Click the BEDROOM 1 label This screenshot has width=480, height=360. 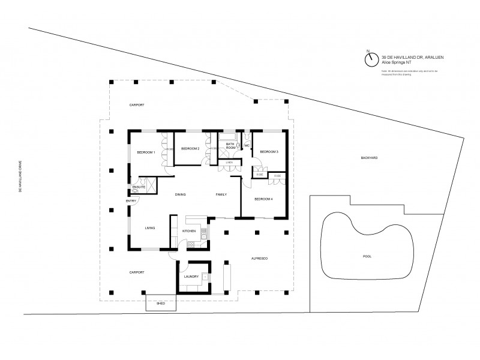coord(146,152)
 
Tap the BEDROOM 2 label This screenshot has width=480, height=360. coord(190,148)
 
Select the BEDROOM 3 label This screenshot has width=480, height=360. coord(269,152)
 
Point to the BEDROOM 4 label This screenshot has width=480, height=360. coord(263,199)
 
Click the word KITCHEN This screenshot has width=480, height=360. coord(189,231)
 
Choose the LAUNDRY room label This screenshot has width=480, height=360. coord(192,277)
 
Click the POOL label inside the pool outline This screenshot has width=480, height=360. coord(367,256)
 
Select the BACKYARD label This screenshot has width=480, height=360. coord(369,158)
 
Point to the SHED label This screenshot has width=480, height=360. coord(160,304)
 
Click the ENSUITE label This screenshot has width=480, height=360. coord(139,187)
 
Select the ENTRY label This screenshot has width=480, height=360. coord(131,200)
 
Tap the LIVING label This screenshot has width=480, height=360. coord(150,228)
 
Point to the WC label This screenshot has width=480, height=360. coord(247,145)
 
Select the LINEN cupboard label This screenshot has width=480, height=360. coord(229,162)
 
